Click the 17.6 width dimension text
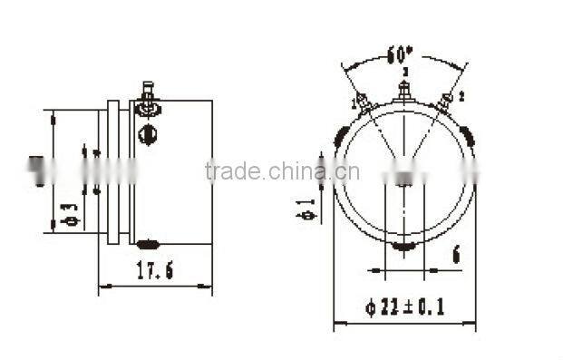(x=155, y=269)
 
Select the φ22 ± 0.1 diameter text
(x=406, y=306)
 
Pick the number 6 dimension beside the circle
(x=455, y=255)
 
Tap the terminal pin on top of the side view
(x=147, y=93)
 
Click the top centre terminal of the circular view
(x=405, y=91)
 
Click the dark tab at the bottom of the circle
(x=404, y=245)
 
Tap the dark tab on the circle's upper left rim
(x=341, y=137)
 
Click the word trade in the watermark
(x=235, y=171)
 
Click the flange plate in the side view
(x=112, y=171)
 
